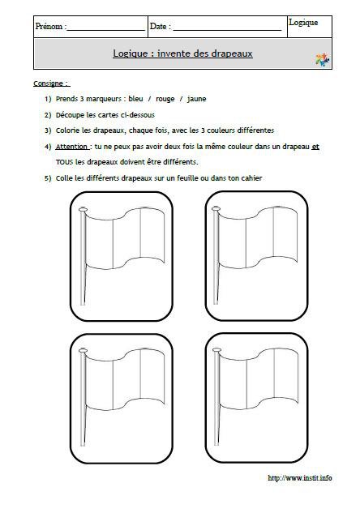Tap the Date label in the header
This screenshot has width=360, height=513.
(159, 27)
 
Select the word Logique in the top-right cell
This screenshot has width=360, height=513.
(303, 23)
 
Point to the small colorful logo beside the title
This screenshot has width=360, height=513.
(322, 59)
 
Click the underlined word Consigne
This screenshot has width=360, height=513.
(50, 83)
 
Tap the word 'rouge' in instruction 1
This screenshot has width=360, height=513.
(163, 99)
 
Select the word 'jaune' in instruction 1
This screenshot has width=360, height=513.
(196, 99)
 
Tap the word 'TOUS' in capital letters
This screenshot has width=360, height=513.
(65, 162)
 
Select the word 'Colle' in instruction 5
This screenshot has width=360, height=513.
(66, 178)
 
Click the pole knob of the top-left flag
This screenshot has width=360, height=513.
(82, 210)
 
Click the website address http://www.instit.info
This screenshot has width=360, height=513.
(299, 478)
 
